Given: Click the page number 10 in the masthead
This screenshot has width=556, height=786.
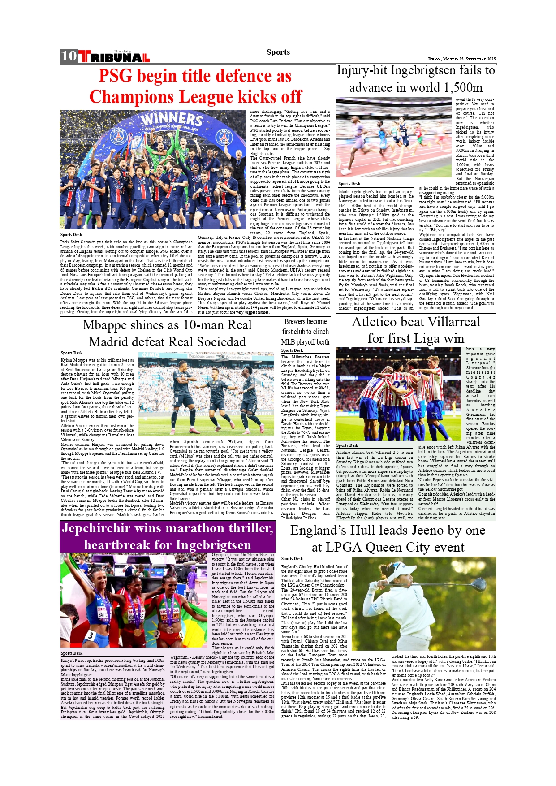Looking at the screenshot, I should (x=69, y=56).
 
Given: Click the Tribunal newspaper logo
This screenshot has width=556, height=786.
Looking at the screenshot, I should (x=114, y=57).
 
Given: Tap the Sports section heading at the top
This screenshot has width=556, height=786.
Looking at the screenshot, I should (x=278, y=52).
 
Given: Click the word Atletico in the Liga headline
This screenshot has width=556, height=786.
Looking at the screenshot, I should (x=378, y=322).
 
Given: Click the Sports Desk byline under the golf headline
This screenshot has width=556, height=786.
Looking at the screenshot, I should (x=292, y=559).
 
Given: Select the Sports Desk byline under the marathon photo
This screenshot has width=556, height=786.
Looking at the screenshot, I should (x=72, y=653).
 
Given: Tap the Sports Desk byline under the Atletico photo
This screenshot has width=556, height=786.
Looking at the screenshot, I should (x=347, y=445).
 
